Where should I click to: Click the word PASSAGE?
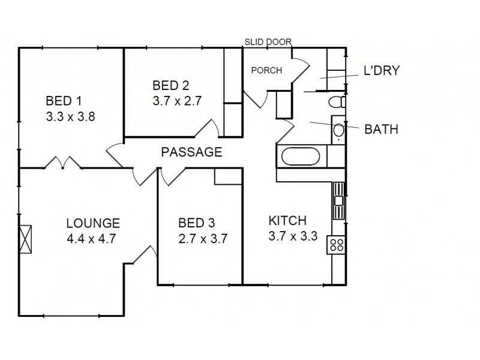click(191, 152)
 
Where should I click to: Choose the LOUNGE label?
click(93, 223)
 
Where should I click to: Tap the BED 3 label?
click(196, 223)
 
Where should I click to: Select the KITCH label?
click(287, 220)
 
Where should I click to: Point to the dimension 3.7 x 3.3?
click(293, 236)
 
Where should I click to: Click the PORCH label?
click(266, 70)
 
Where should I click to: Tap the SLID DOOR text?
click(268, 41)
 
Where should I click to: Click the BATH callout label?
click(381, 128)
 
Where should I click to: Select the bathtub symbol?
click(302, 158)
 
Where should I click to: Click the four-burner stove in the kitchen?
click(336, 245)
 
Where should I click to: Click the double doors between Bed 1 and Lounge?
click(60, 163)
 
